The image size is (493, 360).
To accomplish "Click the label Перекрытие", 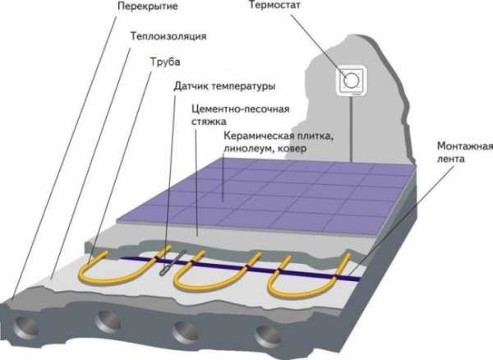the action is pyautogui.click(x=147, y=6).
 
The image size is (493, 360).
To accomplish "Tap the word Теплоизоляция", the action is pyautogui.click(x=168, y=36).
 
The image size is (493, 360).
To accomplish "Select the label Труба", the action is pyautogui.click(x=165, y=62).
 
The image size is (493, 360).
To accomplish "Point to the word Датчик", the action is pyautogui.click(x=191, y=85).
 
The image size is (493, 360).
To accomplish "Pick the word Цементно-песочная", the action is pyautogui.click(x=241, y=109).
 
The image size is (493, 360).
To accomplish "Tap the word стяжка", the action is pyautogui.click(x=209, y=122).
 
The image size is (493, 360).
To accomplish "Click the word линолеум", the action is pyautogui.click(x=247, y=149).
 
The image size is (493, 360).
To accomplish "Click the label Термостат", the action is pyautogui.click(x=274, y=6).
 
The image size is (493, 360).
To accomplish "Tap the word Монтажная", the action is pyautogui.click(x=465, y=146).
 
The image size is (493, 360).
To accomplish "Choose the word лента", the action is pyautogui.click(x=451, y=159).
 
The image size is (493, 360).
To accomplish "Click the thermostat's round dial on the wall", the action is pyautogui.click(x=351, y=81).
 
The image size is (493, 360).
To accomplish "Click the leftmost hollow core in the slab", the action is pyautogui.click(x=26, y=327).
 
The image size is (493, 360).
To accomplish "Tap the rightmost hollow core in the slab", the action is pyautogui.click(x=268, y=336).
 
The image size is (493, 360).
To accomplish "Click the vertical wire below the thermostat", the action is pyautogui.click(x=351, y=130).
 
